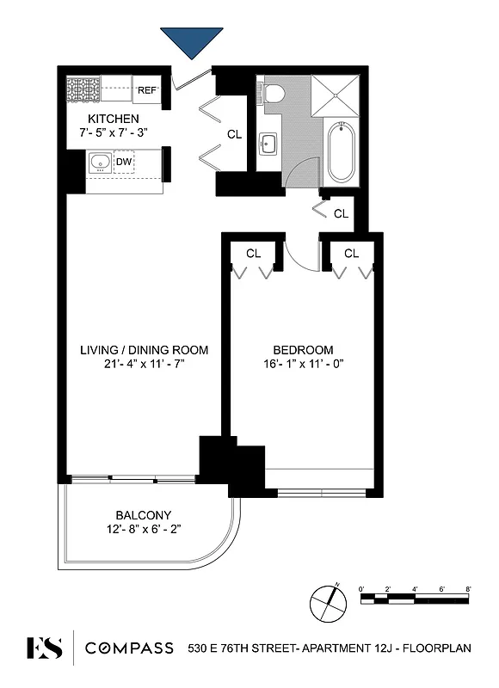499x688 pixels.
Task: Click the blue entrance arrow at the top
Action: pos(191,41)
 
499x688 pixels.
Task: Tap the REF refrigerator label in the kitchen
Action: pos(147,89)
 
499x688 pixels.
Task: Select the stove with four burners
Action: pos(84,89)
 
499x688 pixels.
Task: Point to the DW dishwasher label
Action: pos(124,161)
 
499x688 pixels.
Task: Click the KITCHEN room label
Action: pos(114,118)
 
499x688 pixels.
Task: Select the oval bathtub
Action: pos(341,151)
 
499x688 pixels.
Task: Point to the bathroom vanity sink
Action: pos(268,144)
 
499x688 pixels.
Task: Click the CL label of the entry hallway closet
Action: pos(234,134)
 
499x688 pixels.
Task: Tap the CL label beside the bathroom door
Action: pos(341,213)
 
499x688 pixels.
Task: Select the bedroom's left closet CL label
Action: pos(253,253)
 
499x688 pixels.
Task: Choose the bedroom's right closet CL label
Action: pos(351,253)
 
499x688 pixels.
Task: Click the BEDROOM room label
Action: pos(303,349)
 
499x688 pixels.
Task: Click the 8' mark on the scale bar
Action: pos(468,588)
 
